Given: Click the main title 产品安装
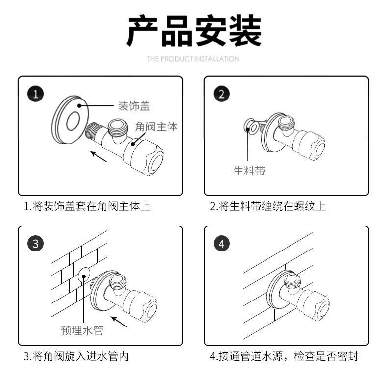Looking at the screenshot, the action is pyautogui.click(x=194, y=30).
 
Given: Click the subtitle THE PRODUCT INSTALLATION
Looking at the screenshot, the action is pyautogui.click(x=193, y=59).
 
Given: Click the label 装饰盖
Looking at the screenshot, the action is pyautogui.click(x=133, y=105).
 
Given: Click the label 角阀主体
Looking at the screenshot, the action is pyautogui.click(x=156, y=126).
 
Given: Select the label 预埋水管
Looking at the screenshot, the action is pyautogui.click(x=82, y=331).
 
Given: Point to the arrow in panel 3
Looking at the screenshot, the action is pyautogui.click(x=119, y=322).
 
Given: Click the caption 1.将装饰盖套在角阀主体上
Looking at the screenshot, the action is pyautogui.click(x=87, y=206).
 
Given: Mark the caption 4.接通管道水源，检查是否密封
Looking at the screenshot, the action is pyautogui.click(x=284, y=356).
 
